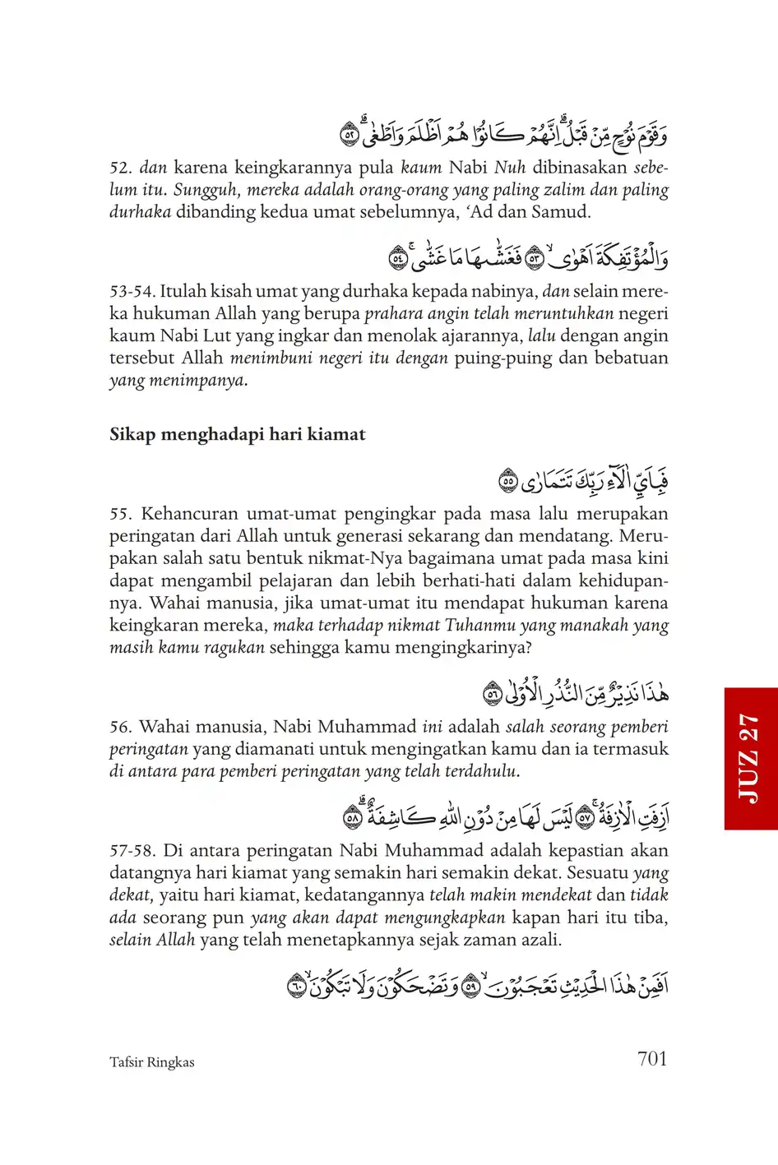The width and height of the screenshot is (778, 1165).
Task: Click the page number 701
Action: [652, 1059]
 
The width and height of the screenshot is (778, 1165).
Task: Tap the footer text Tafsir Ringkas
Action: [152, 1062]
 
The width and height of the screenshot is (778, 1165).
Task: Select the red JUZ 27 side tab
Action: [751, 758]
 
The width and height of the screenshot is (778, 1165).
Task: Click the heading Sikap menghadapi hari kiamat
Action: [238, 435]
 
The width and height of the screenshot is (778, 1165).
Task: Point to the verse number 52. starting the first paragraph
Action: [121, 168]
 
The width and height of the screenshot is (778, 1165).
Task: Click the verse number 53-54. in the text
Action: [132, 291]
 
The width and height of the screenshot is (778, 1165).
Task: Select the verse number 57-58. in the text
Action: [132, 850]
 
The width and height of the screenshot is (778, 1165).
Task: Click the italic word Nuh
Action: [510, 168]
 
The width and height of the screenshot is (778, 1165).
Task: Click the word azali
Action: [539, 940]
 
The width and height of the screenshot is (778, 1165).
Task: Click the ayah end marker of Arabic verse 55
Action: [509, 481]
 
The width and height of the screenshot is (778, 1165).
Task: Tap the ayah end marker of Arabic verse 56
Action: [493, 695]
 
